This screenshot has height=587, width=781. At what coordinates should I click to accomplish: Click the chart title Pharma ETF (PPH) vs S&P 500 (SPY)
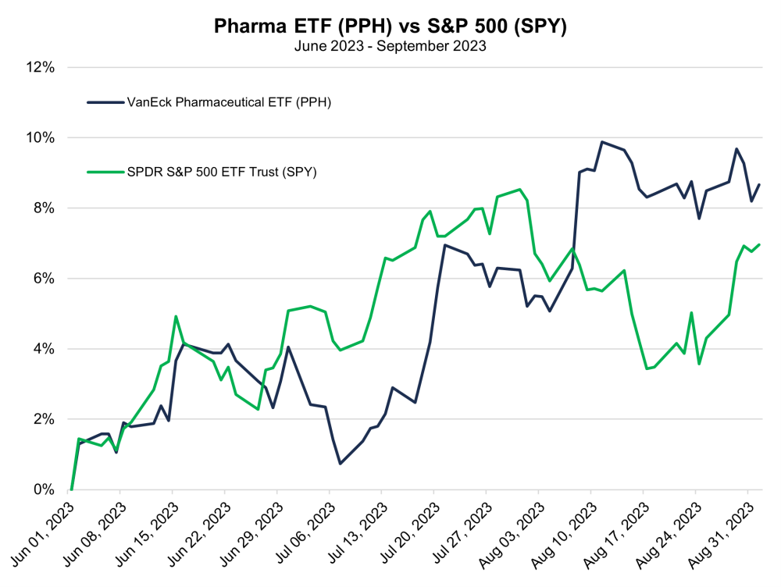pos(390,26)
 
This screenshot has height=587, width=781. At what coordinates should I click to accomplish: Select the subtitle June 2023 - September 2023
pos(390,46)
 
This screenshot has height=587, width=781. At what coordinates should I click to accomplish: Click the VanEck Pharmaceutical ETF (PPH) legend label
pos(229,102)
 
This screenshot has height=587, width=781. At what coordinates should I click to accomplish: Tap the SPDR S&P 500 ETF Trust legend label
pos(221,173)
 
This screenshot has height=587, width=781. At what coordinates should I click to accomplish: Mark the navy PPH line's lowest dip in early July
pos(341,464)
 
